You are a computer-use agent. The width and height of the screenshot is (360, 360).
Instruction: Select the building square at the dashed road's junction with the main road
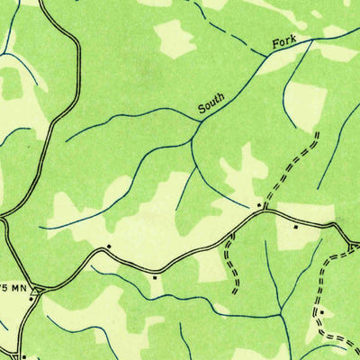tap(258, 205)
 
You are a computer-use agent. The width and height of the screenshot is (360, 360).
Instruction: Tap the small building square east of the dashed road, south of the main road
tap(295, 228)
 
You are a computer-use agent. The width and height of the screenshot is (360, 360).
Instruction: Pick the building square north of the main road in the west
tap(109, 245)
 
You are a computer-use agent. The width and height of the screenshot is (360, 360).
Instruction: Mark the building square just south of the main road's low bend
tap(154, 277)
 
